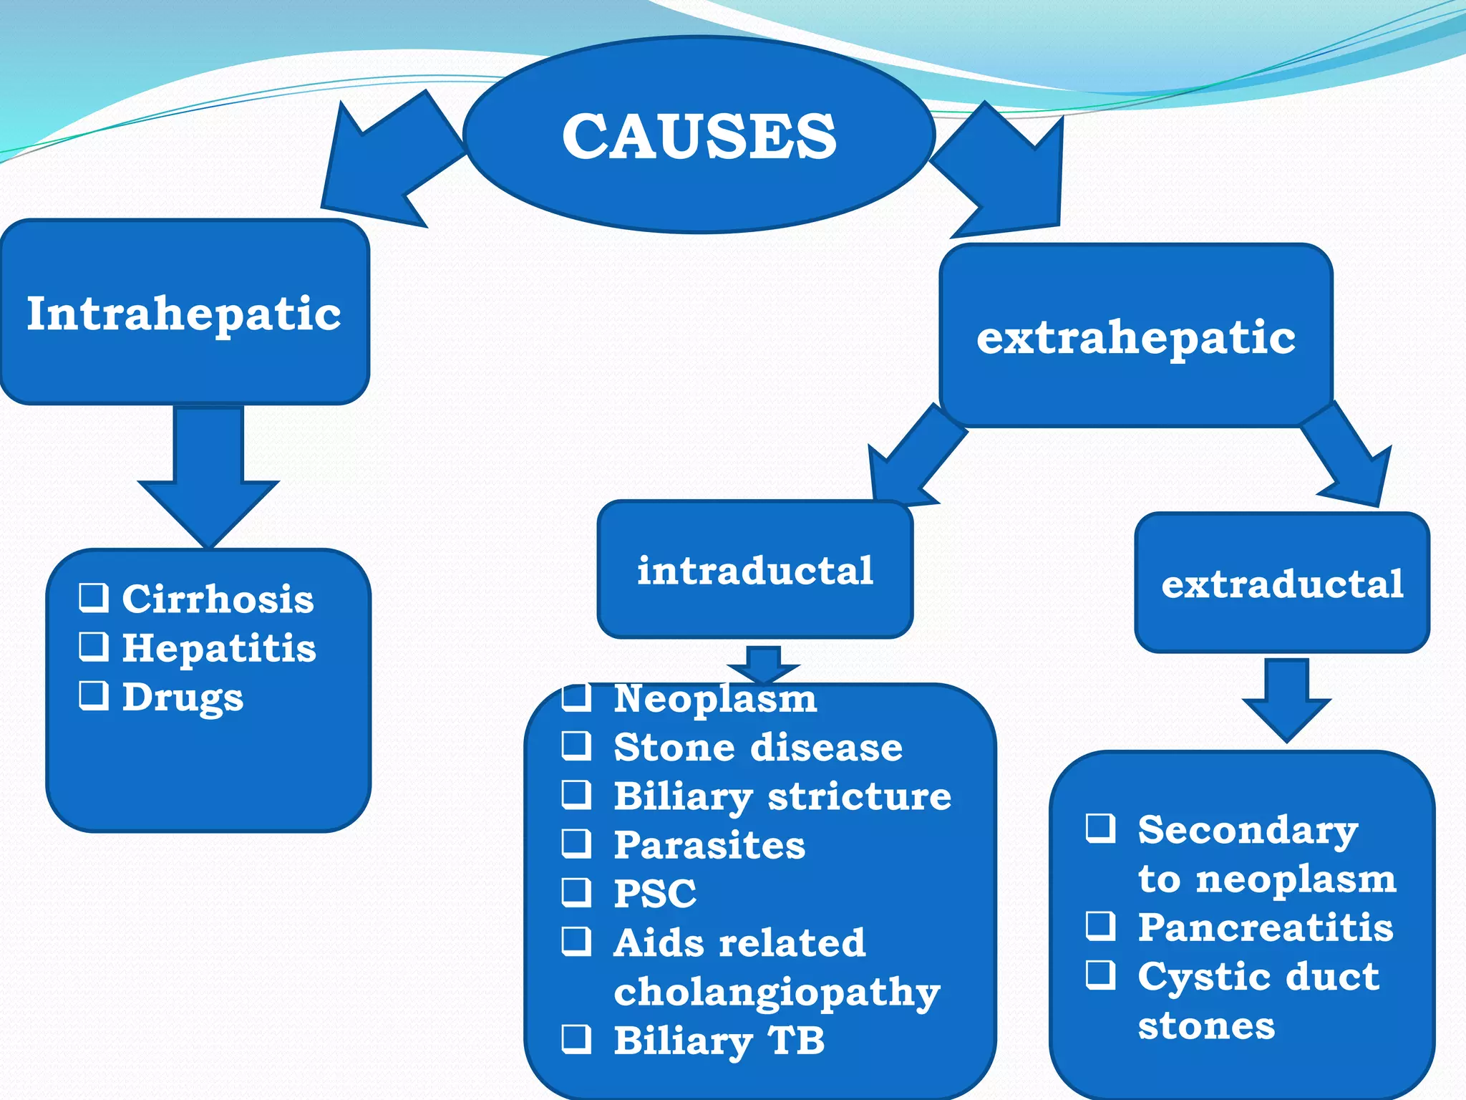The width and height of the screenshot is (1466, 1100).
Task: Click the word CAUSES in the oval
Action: pyautogui.click(x=699, y=136)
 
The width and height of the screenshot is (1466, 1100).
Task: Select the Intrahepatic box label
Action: pyautogui.click(x=184, y=314)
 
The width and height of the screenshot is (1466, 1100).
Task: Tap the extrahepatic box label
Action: pyautogui.click(x=1136, y=337)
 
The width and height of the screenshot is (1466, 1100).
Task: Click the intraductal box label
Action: pyautogui.click(x=755, y=571)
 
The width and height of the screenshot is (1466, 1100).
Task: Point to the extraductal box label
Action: pyautogui.click(x=1282, y=584)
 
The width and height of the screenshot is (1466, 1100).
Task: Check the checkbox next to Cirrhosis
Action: pyautogui.click(x=94, y=597)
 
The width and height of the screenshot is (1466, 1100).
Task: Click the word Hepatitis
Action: pyautogui.click(x=219, y=648)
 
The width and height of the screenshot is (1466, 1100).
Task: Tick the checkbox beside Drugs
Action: pyautogui.click(x=94, y=695)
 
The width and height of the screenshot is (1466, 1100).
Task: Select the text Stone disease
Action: pyautogui.click(x=758, y=748)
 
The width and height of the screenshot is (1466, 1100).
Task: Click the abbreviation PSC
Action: pyautogui.click(x=655, y=894)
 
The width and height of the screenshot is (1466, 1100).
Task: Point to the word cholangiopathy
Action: pyautogui.click(x=777, y=993)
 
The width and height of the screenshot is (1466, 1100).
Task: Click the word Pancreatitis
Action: pyautogui.click(x=1266, y=927)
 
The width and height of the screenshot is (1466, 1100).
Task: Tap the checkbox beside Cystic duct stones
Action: pyautogui.click(x=1100, y=974)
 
